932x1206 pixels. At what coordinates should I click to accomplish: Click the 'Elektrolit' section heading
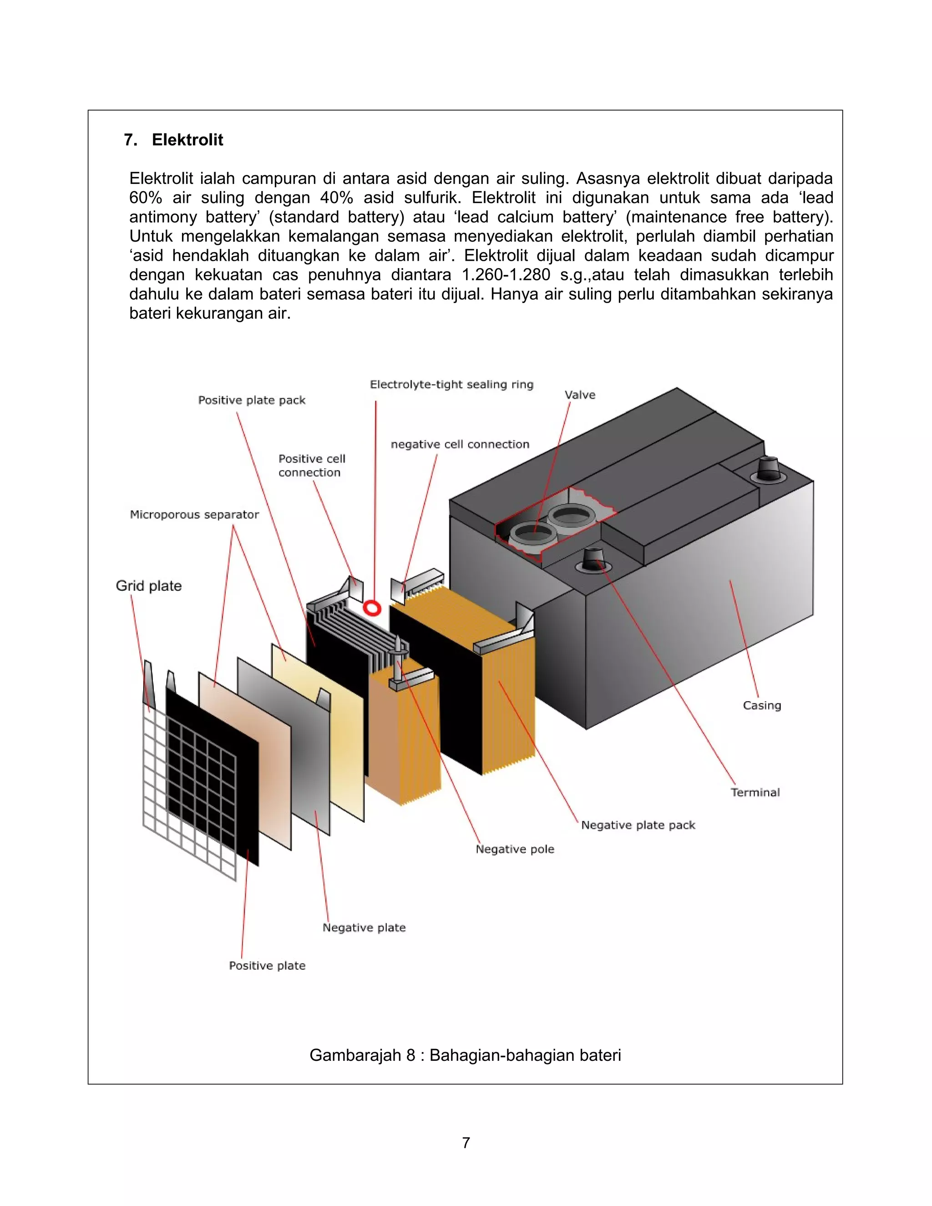[x=187, y=140]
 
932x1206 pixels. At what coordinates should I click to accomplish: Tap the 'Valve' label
[x=580, y=395]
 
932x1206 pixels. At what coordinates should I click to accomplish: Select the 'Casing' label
[x=762, y=705]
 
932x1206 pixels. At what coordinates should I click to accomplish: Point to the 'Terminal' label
[x=755, y=792]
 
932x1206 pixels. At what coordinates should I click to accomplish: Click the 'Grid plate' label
[x=148, y=586]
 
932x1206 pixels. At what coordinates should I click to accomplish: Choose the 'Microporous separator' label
[x=194, y=515]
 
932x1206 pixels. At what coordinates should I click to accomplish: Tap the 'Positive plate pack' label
[x=252, y=400]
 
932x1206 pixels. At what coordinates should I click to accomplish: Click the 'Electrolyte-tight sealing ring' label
[x=451, y=385]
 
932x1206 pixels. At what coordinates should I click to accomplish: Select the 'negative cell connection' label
[x=460, y=445]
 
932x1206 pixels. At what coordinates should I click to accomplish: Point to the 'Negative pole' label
[x=515, y=849]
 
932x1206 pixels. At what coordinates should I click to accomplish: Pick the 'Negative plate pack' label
[x=638, y=825]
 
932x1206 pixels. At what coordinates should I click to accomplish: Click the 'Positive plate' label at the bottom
[x=267, y=966]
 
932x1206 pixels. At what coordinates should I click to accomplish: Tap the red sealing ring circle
[x=372, y=608]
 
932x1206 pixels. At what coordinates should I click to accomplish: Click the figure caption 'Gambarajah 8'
[x=465, y=1055]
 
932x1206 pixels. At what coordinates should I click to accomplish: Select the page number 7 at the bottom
[x=466, y=1142]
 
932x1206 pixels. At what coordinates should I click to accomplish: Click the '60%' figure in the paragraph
[x=145, y=198]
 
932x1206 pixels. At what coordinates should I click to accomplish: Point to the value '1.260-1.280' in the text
[x=507, y=275]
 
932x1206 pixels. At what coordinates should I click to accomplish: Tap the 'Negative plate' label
[x=365, y=927]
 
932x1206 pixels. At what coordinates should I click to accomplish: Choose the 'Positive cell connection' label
[x=311, y=466]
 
